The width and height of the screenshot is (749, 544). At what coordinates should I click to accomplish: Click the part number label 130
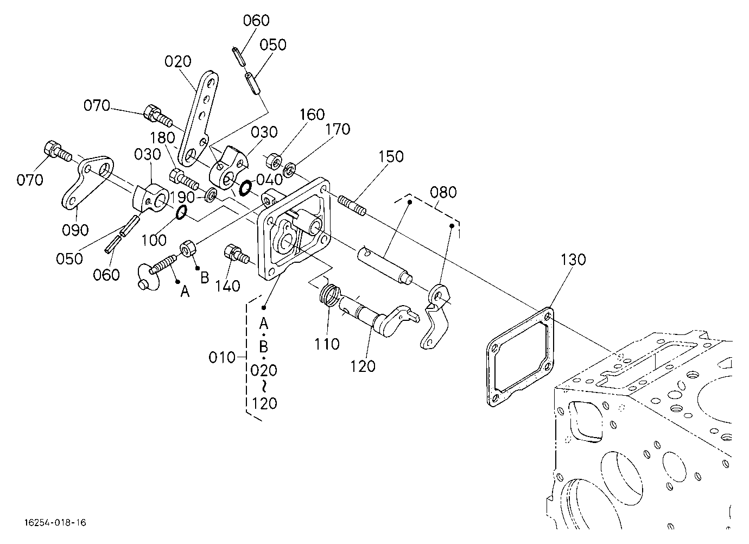pos(573,260)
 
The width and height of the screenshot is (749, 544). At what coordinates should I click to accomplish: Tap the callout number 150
pos(391,156)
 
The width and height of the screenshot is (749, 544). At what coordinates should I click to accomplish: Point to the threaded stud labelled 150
pos(352,205)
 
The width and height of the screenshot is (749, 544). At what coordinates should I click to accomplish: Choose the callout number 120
pos(363,366)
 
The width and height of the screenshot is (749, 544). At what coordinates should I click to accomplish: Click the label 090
pos(75,230)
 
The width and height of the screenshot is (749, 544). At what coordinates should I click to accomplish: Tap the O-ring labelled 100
pos(181,213)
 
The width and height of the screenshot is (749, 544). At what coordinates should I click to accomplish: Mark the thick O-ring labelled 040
pos(245,188)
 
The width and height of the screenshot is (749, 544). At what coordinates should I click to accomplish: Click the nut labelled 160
pos(274,161)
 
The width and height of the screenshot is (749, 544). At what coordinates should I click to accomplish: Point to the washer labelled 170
pos(289,169)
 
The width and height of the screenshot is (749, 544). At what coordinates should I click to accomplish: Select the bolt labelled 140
pos(237,255)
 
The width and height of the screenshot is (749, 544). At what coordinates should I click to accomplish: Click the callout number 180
pos(162,137)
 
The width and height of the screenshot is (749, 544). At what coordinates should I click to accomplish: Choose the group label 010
pos(222,358)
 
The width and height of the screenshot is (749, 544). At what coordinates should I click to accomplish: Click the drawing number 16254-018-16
pos(55,523)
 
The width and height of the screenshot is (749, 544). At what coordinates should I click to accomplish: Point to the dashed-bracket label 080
pos(443,192)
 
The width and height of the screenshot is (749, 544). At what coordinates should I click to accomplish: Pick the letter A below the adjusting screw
pos(185,293)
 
